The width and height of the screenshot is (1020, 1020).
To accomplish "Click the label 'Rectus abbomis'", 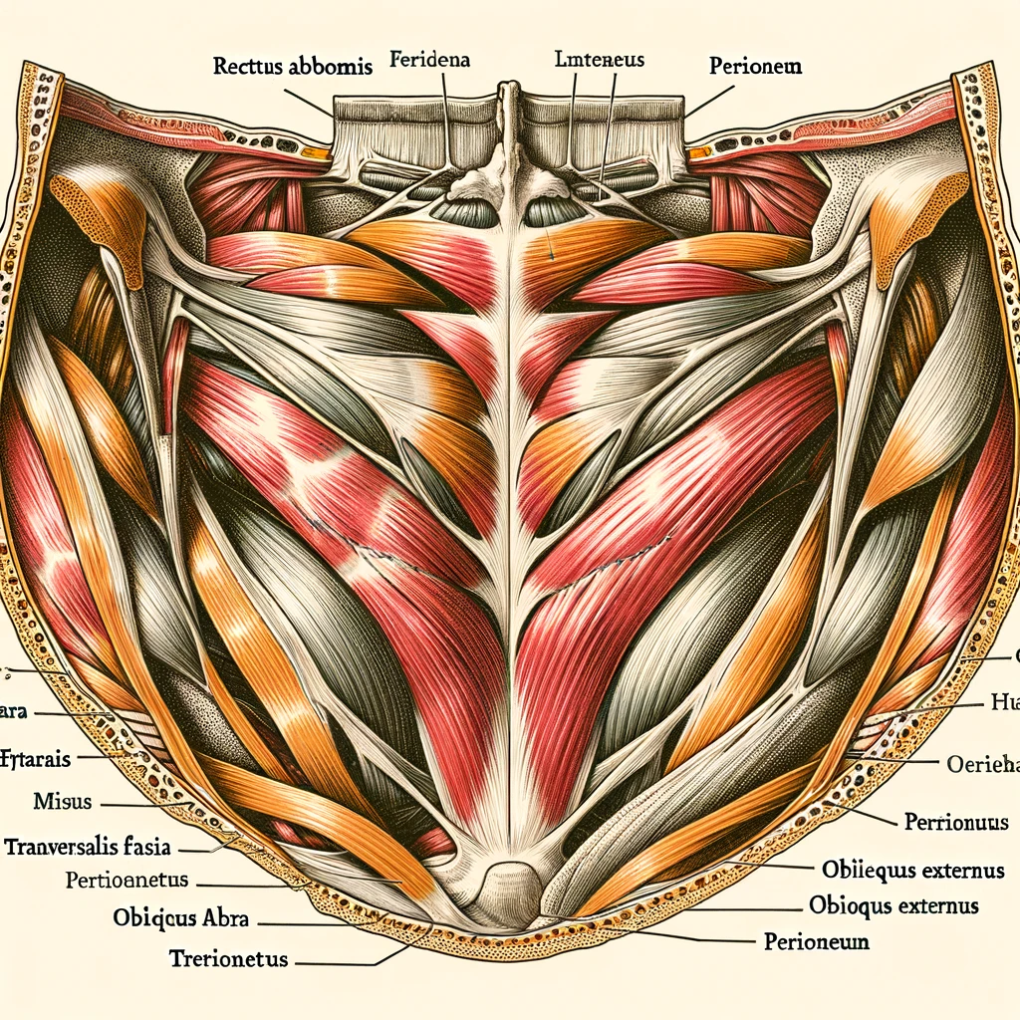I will pyautogui.click(x=292, y=68).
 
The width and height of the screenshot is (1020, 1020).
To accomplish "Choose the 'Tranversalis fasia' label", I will pyautogui.click(x=88, y=848).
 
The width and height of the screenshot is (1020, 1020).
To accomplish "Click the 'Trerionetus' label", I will pyautogui.click(x=228, y=959).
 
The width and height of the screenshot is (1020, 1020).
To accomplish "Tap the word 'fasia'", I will pyautogui.click(x=146, y=848).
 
